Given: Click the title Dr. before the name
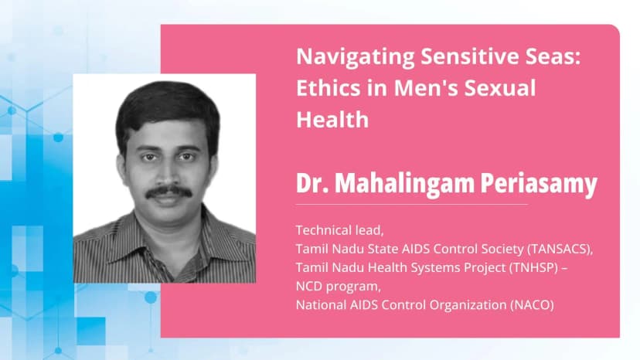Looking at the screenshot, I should (312, 185).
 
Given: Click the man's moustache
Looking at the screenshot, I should (169, 192).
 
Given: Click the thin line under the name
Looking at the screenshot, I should (411, 205).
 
